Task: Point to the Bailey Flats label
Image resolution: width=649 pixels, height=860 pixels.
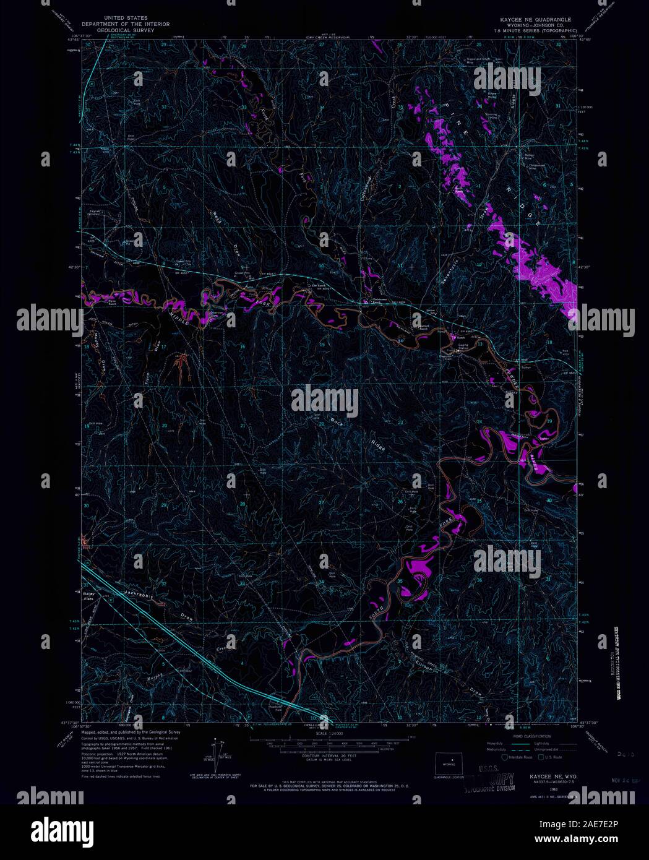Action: click(x=92, y=595)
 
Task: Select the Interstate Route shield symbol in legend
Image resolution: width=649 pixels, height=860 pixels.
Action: click(x=505, y=756)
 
